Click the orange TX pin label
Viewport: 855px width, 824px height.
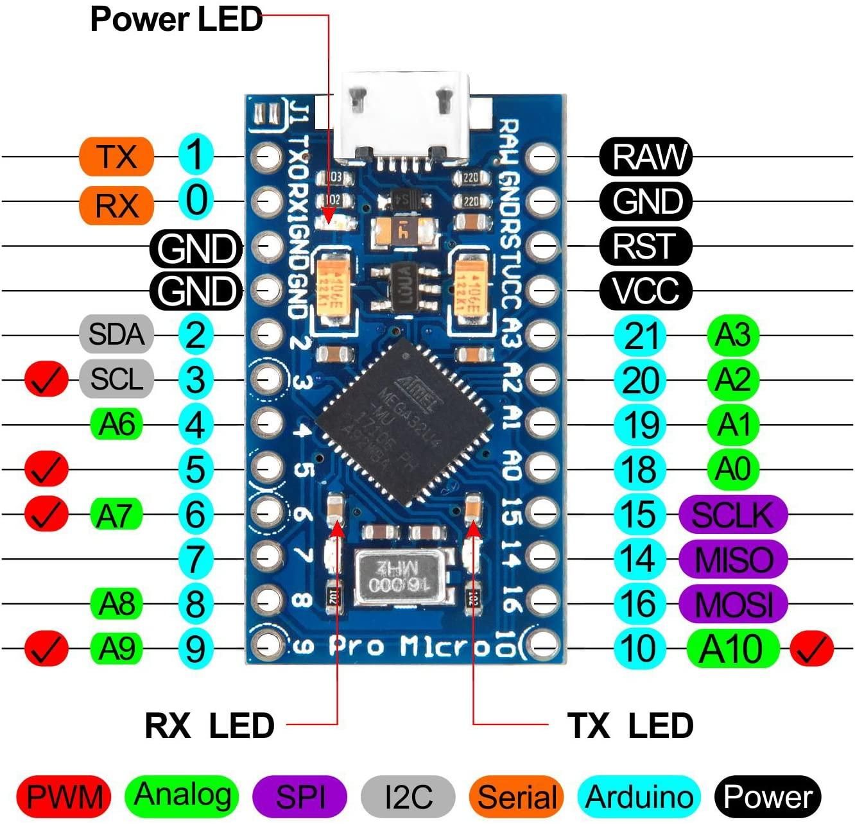click(x=116, y=157)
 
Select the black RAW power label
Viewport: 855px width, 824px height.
click(x=646, y=157)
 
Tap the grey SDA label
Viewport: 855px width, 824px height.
click(x=116, y=334)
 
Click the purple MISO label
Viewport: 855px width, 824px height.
click(x=732, y=559)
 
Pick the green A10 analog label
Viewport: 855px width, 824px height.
click(x=732, y=649)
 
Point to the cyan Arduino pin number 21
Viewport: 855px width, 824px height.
click(x=641, y=335)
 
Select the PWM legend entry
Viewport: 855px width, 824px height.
click(x=64, y=796)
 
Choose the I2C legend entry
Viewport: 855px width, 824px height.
click(x=408, y=796)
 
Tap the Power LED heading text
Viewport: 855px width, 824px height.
click(x=177, y=19)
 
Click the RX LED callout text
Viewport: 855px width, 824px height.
click(x=210, y=726)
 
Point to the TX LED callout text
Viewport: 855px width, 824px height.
click(x=630, y=726)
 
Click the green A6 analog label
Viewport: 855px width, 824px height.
click(x=116, y=424)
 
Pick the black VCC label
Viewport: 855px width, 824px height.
click(x=646, y=291)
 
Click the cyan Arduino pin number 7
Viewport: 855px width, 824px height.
click(x=195, y=559)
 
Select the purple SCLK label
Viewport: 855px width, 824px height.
click(x=732, y=514)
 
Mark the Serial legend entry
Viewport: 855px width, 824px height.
click(x=516, y=796)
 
